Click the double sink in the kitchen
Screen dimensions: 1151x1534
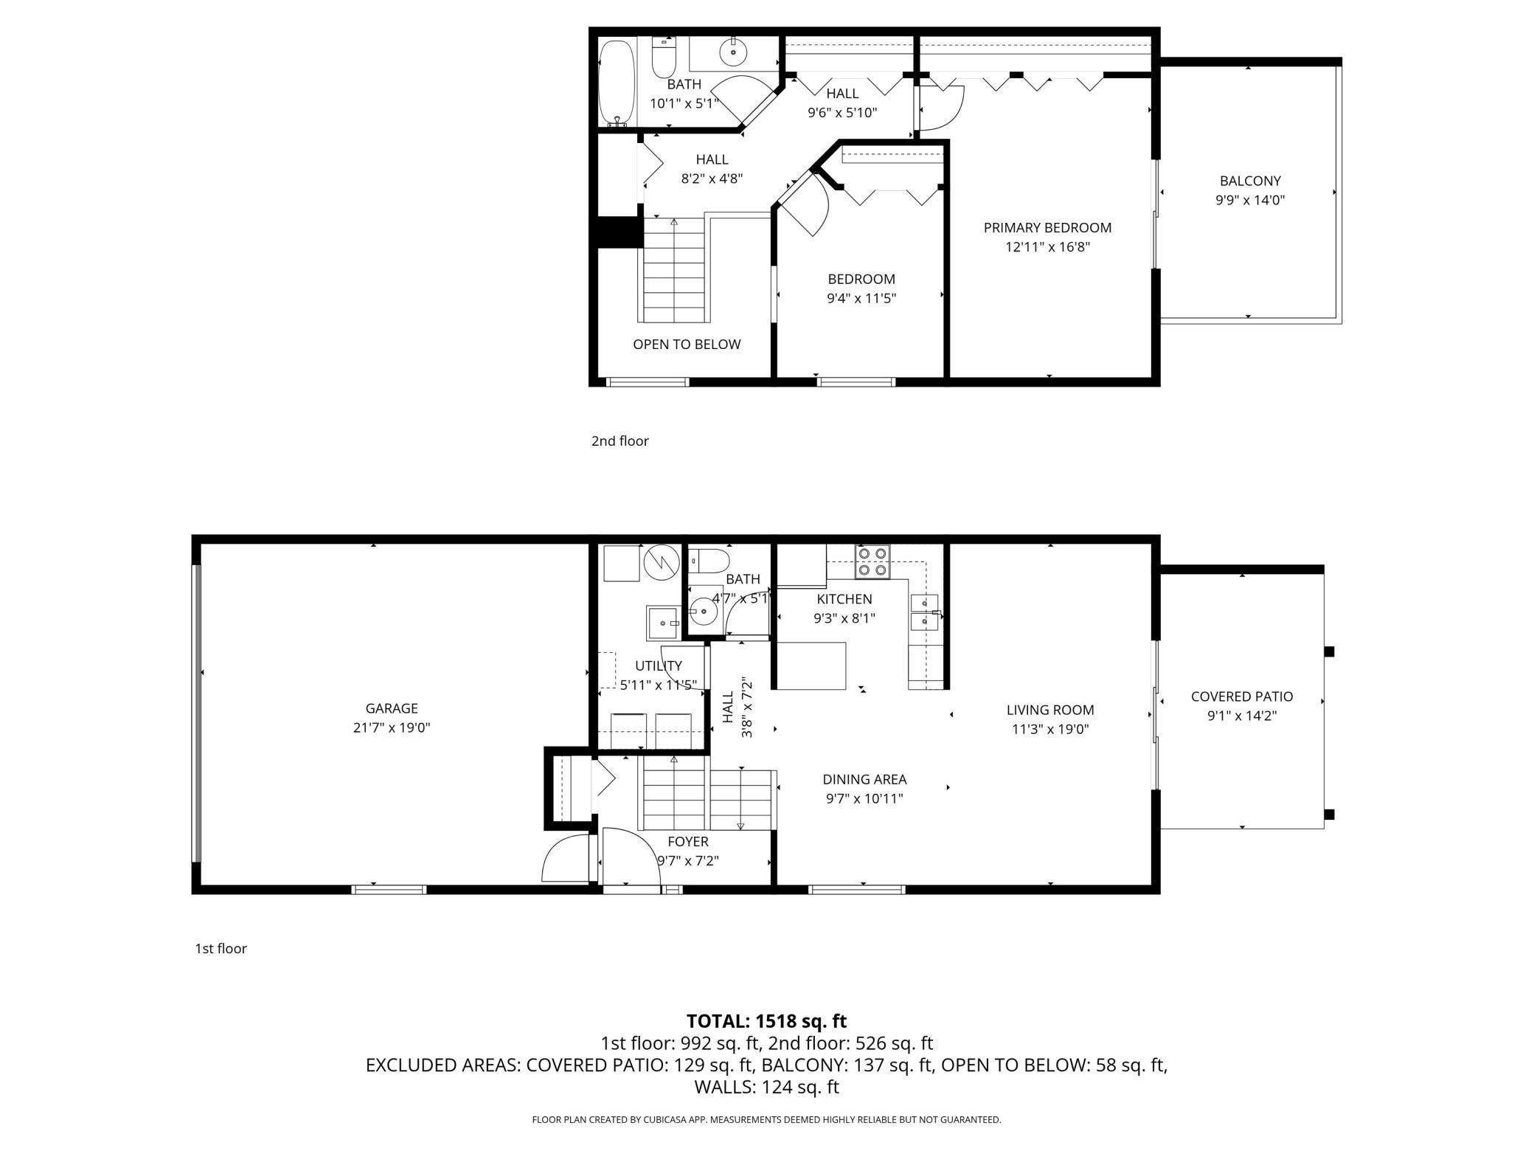click(924, 612)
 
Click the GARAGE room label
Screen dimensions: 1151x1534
click(392, 708)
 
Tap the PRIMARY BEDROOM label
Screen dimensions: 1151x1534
click(1047, 228)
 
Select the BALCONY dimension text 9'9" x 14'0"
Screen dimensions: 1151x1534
click(1250, 200)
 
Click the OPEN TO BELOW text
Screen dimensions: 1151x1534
click(687, 345)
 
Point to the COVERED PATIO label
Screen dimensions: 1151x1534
click(1242, 697)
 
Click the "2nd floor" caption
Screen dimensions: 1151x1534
click(619, 441)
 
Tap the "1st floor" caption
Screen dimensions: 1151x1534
click(221, 949)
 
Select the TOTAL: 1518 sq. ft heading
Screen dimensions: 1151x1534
click(766, 1021)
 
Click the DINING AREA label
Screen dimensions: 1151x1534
click(864, 779)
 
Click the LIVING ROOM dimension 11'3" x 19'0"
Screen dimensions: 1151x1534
click(1050, 730)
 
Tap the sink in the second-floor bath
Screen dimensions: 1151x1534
click(733, 52)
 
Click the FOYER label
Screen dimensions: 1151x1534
click(688, 842)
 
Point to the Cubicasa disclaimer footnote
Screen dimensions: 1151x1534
click(766, 1120)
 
